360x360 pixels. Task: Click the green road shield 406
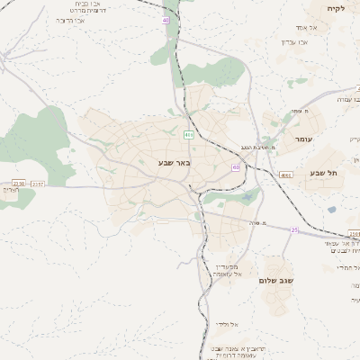[x=188, y=134]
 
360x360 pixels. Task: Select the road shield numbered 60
[x=235, y=166]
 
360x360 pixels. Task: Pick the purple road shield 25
[x=293, y=229]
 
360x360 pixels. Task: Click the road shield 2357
[x=37, y=184]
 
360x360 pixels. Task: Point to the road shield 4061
[x=286, y=175]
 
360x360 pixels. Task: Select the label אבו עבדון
[x=295, y=40]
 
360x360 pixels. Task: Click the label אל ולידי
[x=225, y=322]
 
